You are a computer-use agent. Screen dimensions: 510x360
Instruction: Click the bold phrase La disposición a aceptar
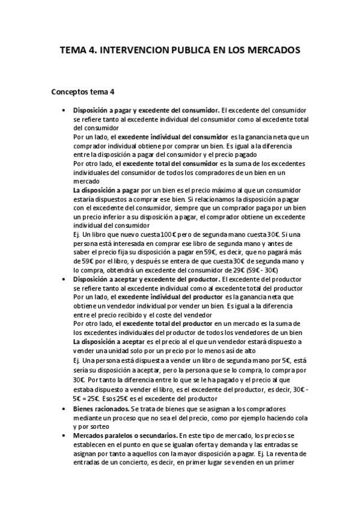[x=103, y=340]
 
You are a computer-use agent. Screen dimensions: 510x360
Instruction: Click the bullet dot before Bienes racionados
[x=64, y=408]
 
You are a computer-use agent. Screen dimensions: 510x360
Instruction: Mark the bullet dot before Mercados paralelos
[x=64, y=434]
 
